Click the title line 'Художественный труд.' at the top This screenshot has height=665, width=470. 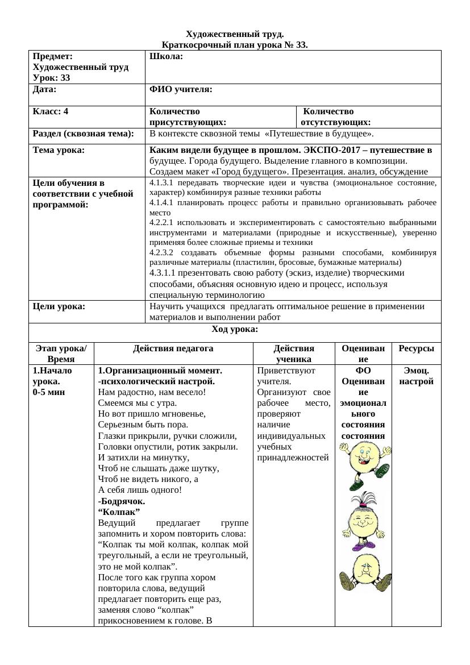pos(235,35)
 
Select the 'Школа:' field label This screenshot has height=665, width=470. pos(166,56)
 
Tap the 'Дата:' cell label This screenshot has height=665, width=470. pos(44,89)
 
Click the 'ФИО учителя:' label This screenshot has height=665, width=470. pos(181,89)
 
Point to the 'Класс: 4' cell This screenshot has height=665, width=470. pos(51,111)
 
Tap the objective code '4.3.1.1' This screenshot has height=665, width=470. pos(164,272)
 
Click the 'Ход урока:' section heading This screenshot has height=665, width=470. pos(235,329)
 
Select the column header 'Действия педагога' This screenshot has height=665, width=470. pos(173,348)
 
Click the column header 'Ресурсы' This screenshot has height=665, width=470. pos(416,348)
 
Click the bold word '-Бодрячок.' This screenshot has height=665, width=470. pos(122,501)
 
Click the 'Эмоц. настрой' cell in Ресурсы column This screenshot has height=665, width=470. pos(416,376)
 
